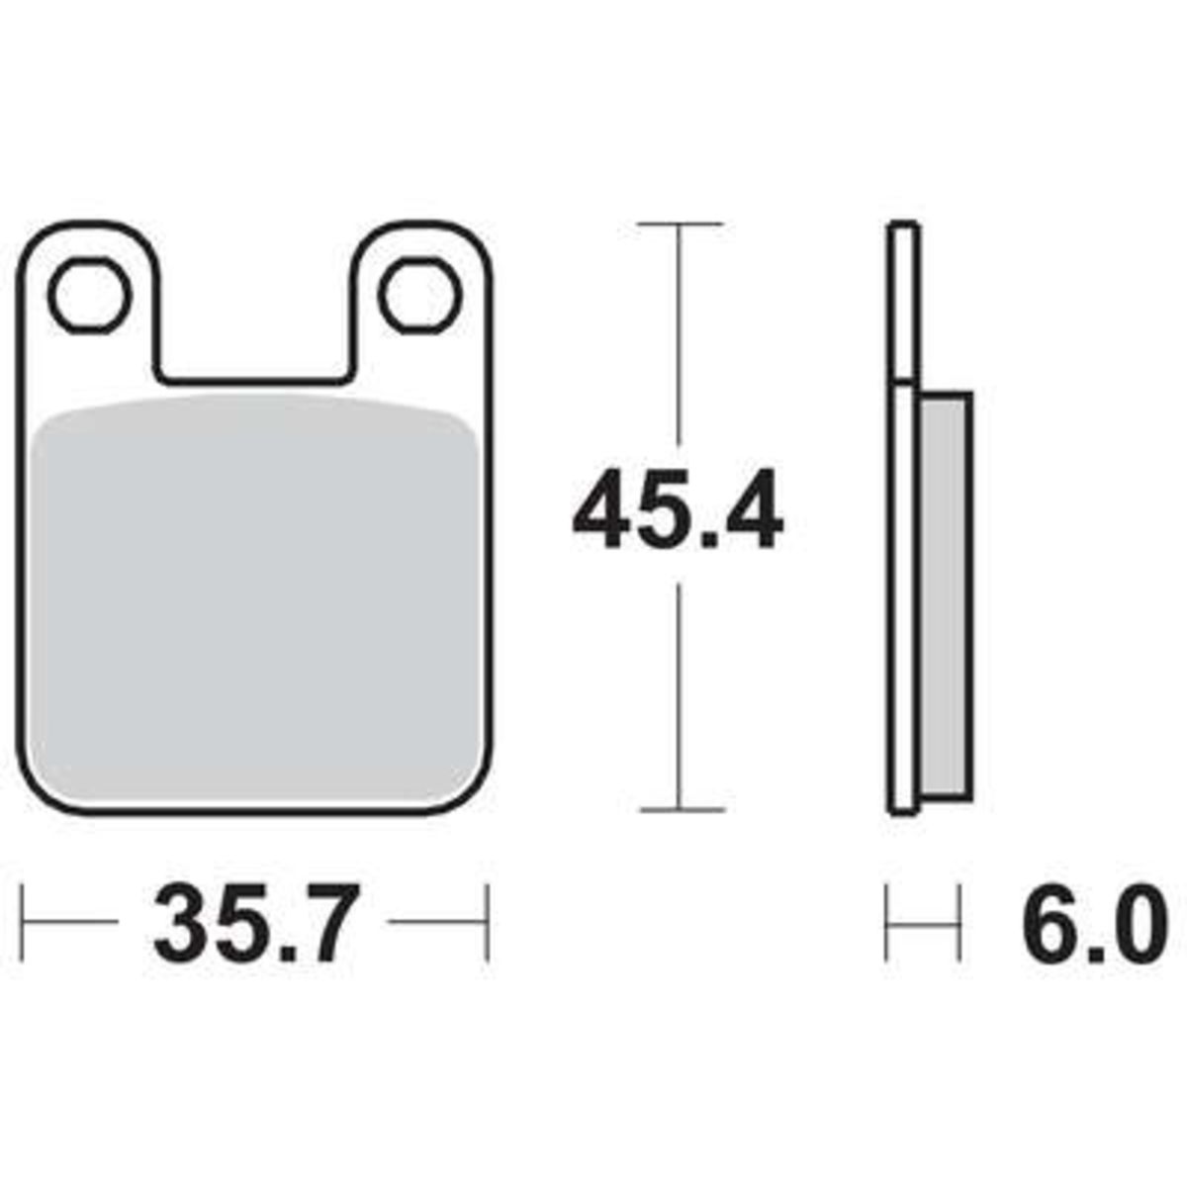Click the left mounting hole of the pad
(x=90, y=296)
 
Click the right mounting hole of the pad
(x=420, y=296)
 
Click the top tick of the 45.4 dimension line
(x=679, y=225)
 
